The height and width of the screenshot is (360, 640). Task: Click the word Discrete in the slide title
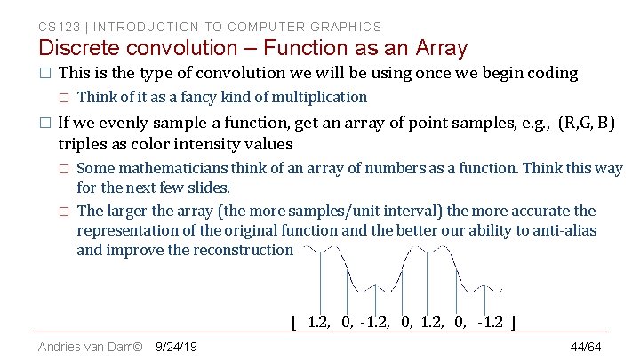pos(82,48)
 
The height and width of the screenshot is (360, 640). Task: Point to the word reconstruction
pos(241,250)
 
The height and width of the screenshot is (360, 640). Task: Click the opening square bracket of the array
pos(294,322)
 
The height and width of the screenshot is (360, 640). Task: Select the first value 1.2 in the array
pos(316,322)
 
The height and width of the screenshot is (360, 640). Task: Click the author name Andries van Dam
pos(85,346)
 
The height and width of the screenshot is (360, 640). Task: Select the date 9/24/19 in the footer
pos(176,346)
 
